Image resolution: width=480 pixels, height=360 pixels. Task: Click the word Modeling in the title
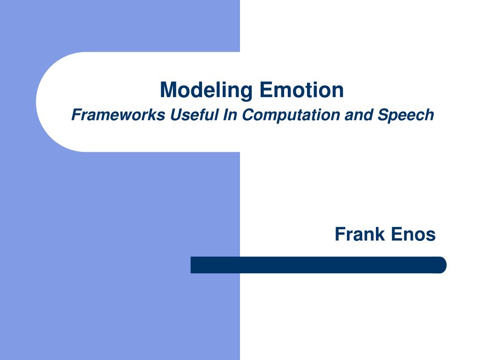click(206, 90)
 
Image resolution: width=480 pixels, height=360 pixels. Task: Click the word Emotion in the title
click(301, 90)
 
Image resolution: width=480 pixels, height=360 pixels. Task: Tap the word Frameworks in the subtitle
click(118, 115)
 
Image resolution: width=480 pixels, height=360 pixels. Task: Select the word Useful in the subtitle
click(194, 115)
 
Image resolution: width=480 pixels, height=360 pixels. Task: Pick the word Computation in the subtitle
click(291, 115)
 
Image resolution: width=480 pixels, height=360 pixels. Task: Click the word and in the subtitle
click(359, 115)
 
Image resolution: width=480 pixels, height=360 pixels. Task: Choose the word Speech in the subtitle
click(405, 115)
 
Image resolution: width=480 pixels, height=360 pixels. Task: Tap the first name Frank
click(360, 234)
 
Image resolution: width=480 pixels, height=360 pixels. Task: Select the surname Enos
click(413, 234)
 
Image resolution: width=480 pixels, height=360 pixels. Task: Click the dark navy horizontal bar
click(318, 265)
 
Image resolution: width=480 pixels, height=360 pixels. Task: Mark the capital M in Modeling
click(169, 90)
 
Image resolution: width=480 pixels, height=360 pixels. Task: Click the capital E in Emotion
click(266, 90)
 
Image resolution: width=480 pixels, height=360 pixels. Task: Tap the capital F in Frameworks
click(77, 115)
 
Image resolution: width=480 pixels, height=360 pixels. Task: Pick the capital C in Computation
click(248, 115)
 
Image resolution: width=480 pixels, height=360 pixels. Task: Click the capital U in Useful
click(177, 115)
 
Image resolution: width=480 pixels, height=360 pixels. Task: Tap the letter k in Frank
click(380, 234)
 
